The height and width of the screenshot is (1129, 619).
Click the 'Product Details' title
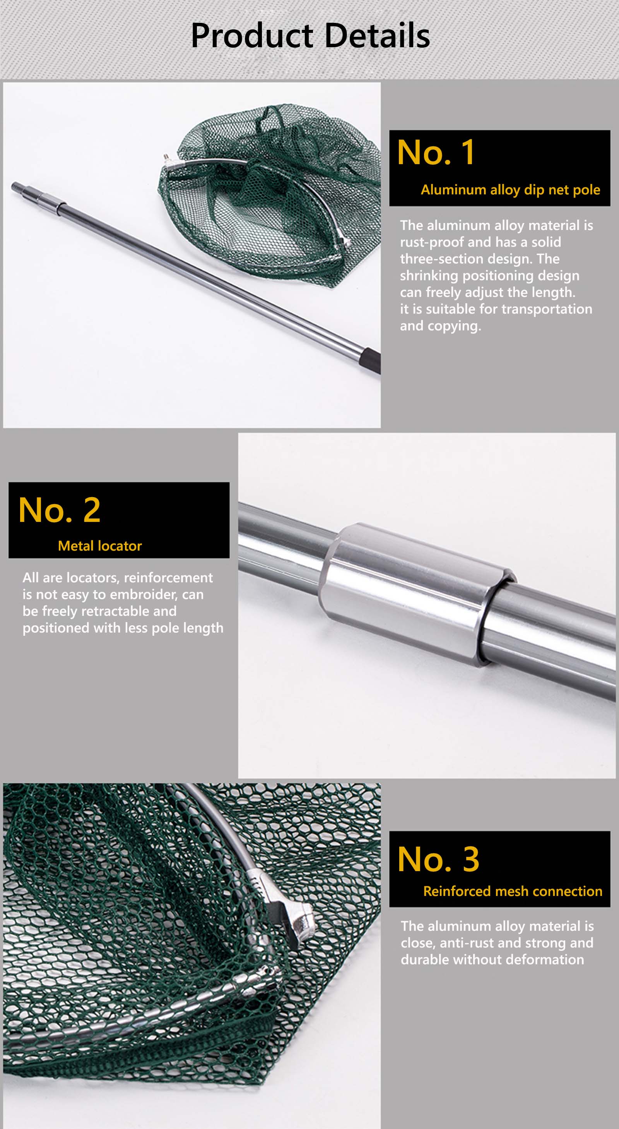point(310,36)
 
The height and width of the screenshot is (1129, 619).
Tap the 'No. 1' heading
point(436,152)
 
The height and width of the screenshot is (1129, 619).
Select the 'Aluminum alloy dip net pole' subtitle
point(510,190)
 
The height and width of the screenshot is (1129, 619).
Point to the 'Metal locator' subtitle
point(100,546)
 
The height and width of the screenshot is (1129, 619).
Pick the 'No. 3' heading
point(438,859)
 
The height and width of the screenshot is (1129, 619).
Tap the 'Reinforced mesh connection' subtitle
point(513,891)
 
